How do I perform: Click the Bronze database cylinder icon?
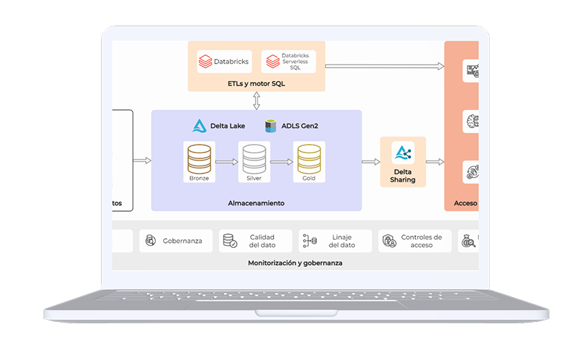199,159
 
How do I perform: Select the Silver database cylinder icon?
254,159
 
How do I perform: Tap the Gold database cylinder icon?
309,159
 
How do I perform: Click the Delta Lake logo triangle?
199,126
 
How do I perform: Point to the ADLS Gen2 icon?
271,126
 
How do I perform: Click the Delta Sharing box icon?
403,153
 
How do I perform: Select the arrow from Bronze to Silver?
226,162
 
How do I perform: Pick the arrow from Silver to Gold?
281,162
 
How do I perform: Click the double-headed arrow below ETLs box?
257,101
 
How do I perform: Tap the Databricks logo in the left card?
205,62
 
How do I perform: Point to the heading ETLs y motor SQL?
256,84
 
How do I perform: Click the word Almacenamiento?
256,204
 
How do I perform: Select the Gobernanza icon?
150,241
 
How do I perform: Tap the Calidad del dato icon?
229,241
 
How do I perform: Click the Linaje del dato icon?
309,241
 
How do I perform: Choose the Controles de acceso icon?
389,241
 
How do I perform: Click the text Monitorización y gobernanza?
295,263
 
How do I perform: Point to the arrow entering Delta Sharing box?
371,162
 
